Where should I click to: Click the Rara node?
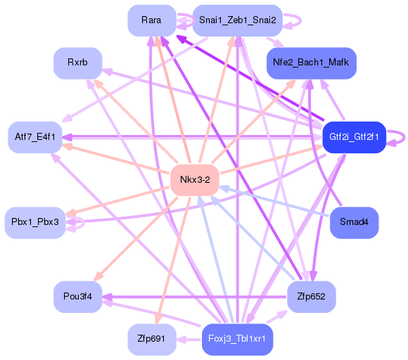coord(151,20)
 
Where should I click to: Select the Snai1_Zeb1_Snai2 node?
coord(237,20)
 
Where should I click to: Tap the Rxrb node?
coord(77,63)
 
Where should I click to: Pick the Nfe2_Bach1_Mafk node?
coord(312,63)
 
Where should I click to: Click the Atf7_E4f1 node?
coord(34,136)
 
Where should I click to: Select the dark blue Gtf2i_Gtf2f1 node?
coord(354,136)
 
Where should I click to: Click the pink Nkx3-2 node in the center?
coord(195,180)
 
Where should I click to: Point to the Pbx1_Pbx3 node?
coord(34,222)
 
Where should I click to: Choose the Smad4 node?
coord(354,222)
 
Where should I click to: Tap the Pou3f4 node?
coord(77,297)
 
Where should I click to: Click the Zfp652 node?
coord(312,297)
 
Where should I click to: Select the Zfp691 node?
coord(151,340)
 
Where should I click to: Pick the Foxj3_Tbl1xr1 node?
coord(237,340)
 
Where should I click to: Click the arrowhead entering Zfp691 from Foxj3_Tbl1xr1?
coord(181,340)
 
